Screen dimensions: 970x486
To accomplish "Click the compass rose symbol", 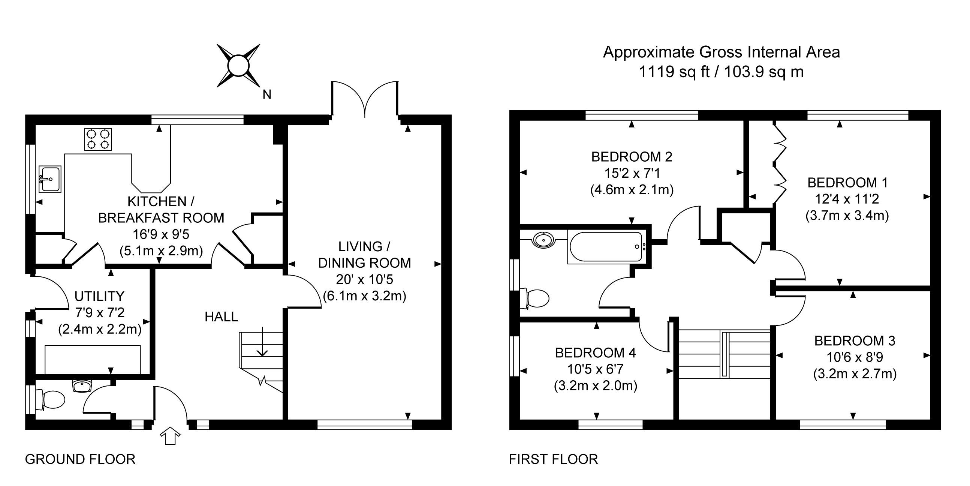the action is (x=238, y=66).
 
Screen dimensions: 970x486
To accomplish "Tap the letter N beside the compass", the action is (x=266, y=94).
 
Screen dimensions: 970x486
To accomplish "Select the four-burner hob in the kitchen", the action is (x=98, y=139).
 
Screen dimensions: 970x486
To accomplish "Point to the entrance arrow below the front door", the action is (x=170, y=435).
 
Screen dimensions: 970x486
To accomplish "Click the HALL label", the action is (x=221, y=317).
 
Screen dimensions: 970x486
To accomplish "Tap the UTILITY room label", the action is (x=99, y=297).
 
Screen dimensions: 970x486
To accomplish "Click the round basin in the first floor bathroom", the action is (x=543, y=240).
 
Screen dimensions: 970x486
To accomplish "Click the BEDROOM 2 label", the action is (x=632, y=157).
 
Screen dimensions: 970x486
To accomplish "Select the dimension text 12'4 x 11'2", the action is (x=846, y=199).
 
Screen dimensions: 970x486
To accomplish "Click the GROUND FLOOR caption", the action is (x=80, y=459).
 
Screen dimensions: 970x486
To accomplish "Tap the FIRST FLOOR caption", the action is (x=553, y=459).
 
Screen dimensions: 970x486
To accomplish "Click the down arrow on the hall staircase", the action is (x=262, y=342).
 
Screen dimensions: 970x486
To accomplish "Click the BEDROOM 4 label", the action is (x=595, y=353).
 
